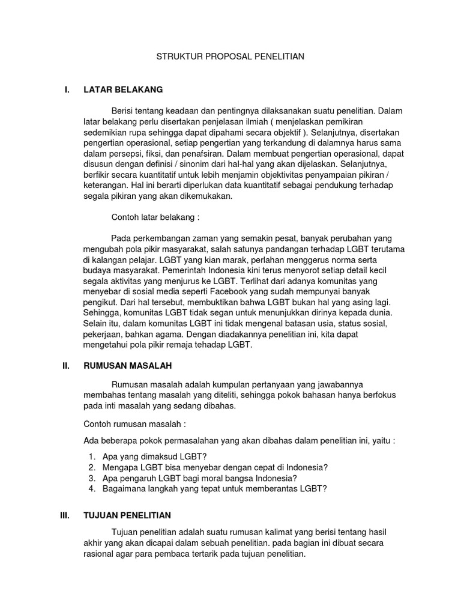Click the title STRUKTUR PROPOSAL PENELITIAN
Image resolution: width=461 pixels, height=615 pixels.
[230, 57]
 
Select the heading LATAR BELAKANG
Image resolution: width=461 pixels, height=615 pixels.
[123, 90]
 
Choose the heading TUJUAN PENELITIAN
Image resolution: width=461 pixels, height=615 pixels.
[127, 515]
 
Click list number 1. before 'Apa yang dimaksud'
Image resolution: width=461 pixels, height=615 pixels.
[91, 456]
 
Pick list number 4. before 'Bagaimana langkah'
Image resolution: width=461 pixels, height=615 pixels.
[91, 489]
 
